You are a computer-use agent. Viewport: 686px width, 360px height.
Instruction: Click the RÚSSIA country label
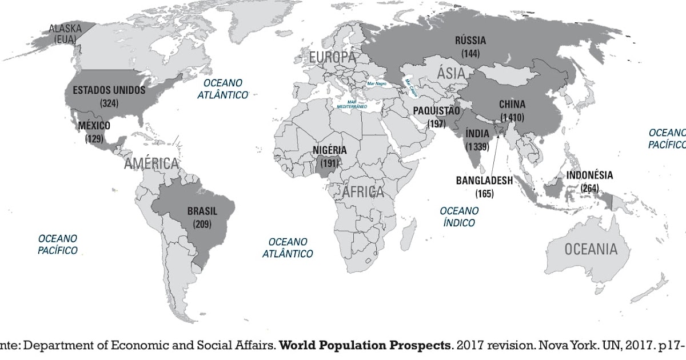[470, 40]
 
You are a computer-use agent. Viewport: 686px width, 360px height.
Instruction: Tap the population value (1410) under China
[512, 118]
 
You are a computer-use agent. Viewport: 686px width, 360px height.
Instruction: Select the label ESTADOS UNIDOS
[109, 90]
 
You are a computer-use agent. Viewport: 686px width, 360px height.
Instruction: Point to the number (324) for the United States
[109, 103]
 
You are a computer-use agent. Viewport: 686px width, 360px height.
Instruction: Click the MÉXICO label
[94, 126]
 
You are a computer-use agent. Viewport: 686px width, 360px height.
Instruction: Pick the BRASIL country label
[202, 211]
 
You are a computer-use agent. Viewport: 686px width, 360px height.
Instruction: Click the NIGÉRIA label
[329, 150]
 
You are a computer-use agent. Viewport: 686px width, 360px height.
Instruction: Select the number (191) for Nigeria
[329, 163]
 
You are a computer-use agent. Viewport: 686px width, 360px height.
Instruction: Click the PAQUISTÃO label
[436, 110]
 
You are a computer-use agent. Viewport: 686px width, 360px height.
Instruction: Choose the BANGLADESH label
[484, 181]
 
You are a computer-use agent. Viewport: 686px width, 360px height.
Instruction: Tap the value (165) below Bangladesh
[484, 194]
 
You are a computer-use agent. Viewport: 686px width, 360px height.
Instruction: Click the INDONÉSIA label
[589, 175]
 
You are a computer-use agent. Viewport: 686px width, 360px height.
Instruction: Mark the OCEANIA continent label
[591, 249]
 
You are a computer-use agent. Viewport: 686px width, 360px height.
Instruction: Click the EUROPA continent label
[332, 57]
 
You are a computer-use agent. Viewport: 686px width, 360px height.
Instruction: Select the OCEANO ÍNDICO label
[459, 217]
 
